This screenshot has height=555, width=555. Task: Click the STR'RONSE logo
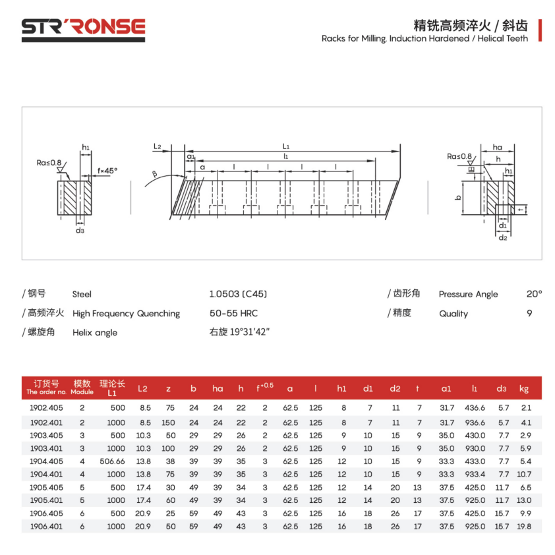[x=83, y=27]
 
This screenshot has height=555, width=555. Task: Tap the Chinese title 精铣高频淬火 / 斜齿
[x=470, y=26]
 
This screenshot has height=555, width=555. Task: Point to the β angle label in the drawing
[x=155, y=174]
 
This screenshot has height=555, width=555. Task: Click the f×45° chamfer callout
[x=107, y=170]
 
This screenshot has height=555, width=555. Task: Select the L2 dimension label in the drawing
[x=158, y=146]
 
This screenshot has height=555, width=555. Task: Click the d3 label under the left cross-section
[x=79, y=230]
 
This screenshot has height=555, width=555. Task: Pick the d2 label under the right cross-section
[x=502, y=237]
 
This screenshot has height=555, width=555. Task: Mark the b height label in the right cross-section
[x=457, y=197]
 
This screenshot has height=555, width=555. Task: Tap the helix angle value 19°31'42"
[x=239, y=332]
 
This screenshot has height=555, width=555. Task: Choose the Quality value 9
[x=529, y=313]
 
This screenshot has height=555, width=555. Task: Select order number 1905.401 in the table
[x=47, y=500]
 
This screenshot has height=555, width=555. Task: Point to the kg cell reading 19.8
[x=525, y=526]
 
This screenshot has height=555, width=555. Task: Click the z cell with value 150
[x=168, y=422]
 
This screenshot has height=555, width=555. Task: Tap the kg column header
[x=524, y=388]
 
